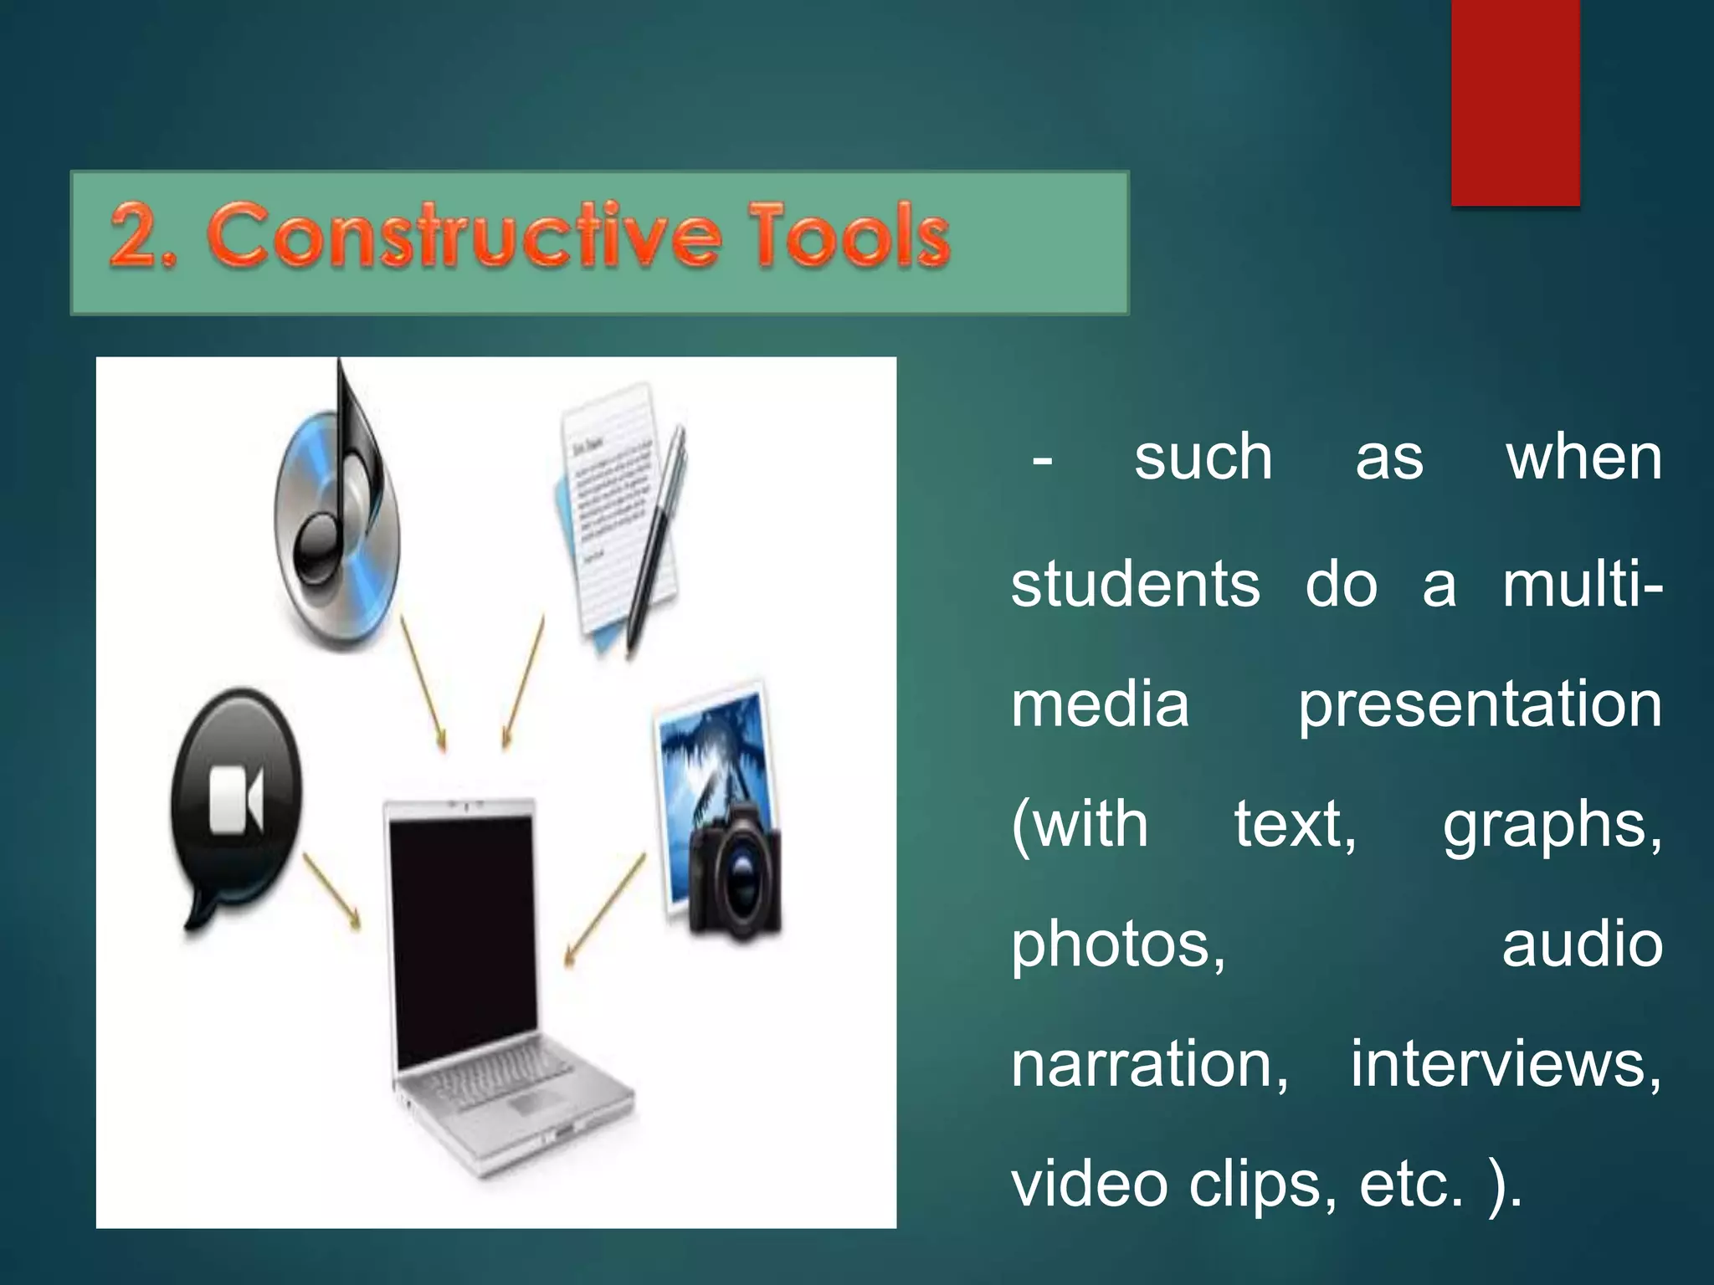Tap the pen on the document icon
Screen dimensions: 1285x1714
pyautogui.click(x=657, y=535)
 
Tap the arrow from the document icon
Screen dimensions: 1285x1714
pyautogui.click(x=523, y=682)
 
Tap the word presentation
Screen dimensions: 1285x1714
pyautogui.click(x=1480, y=704)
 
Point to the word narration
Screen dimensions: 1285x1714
pyautogui.click(x=1149, y=1064)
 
